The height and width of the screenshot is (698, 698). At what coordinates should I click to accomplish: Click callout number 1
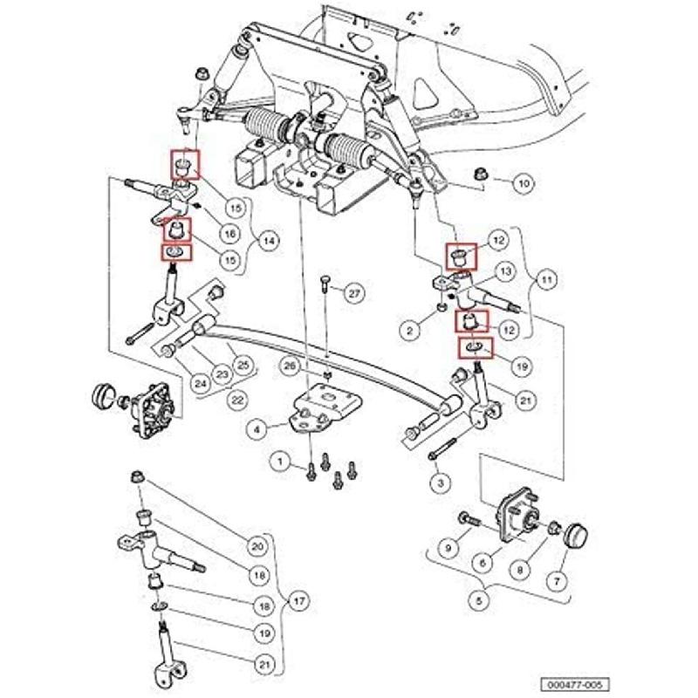(281, 460)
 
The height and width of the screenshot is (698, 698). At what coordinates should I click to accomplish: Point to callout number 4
(257, 428)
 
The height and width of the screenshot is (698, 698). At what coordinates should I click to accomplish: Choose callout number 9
(447, 547)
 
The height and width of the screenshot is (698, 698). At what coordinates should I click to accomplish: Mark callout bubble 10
(522, 184)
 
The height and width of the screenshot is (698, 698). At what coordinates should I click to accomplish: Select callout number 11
(547, 281)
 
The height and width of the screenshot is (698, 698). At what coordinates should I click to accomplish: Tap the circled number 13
(505, 272)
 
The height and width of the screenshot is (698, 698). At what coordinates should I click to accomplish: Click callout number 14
(268, 241)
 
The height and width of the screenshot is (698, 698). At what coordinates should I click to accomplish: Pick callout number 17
(298, 601)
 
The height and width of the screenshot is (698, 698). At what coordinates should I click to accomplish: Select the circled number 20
(257, 546)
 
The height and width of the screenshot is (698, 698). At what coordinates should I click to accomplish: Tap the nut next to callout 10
(480, 174)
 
